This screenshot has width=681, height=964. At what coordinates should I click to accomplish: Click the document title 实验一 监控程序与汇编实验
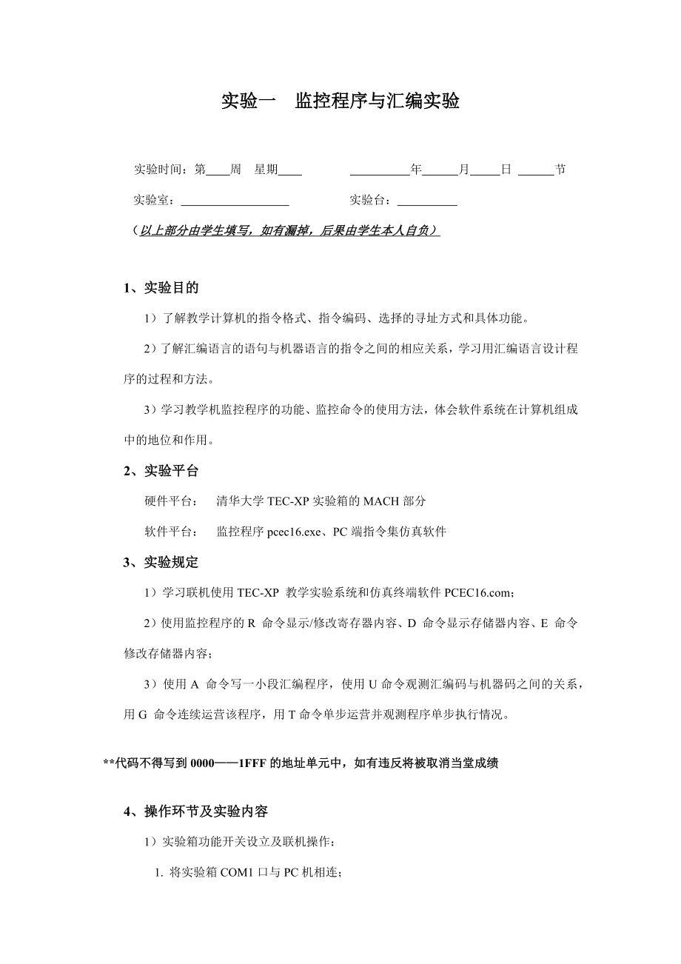pyautogui.click(x=340, y=101)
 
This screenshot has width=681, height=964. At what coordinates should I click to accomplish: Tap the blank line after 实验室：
pyautogui.click(x=235, y=201)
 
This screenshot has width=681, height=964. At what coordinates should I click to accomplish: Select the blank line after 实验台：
pyautogui.click(x=427, y=201)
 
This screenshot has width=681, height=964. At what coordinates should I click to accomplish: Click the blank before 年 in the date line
pyautogui.click(x=380, y=171)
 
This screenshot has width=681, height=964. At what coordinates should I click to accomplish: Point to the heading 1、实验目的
pyautogui.click(x=161, y=288)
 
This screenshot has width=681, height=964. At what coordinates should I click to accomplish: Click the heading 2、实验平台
pyautogui.click(x=161, y=471)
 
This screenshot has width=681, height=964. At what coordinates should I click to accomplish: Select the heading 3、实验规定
pyautogui.click(x=161, y=563)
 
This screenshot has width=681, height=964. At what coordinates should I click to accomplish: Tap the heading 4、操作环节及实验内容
pyautogui.click(x=195, y=812)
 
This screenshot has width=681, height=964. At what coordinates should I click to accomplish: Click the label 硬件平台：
pyautogui.click(x=170, y=501)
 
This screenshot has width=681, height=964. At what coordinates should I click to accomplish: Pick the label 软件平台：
pyautogui.click(x=170, y=532)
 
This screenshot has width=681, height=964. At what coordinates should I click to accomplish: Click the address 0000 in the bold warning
pyautogui.click(x=202, y=763)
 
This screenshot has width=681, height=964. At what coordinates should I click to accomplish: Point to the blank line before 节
pyautogui.click(x=536, y=171)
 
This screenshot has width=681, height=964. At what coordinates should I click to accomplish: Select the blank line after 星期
pyautogui.click(x=290, y=171)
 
